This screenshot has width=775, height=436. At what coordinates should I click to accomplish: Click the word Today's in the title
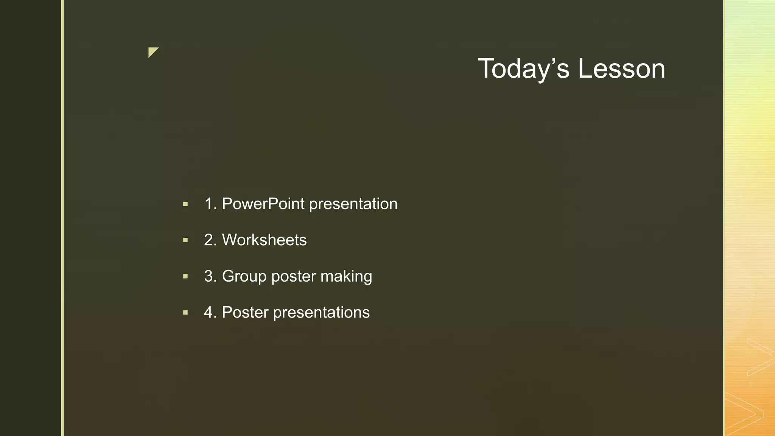(x=524, y=69)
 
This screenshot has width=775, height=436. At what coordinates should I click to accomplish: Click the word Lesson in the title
(x=621, y=69)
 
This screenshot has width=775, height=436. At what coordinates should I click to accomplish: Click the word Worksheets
(x=264, y=240)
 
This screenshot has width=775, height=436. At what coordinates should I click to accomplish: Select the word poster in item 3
(x=293, y=277)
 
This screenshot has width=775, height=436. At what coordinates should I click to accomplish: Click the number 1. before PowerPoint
(x=210, y=204)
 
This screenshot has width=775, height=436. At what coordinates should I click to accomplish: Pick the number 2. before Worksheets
(x=210, y=240)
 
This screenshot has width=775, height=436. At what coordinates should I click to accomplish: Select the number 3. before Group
(x=210, y=276)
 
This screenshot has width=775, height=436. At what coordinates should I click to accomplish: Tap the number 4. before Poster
(x=210, y=313)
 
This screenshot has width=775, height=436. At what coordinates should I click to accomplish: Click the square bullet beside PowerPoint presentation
(x=185, y=204)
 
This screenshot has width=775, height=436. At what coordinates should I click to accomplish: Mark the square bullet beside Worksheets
(x=185, y=240)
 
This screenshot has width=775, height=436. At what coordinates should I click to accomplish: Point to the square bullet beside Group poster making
(x=185, y=277)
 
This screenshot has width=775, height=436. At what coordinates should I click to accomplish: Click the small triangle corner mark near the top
(x=152, y=51)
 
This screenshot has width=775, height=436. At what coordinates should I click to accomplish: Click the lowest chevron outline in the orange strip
(x=747, y=414)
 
